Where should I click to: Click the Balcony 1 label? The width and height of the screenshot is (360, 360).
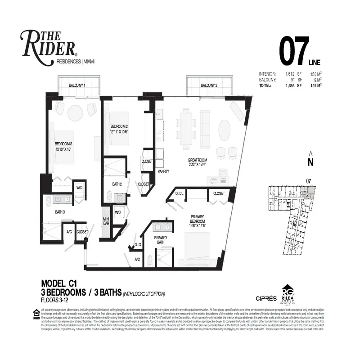(x=77, y=85)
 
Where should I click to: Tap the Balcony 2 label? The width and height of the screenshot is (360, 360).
(x=209, y=85)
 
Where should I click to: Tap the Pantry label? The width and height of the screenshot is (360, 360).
(x=163, y=171)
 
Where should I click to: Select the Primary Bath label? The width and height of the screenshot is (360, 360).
(x=162, y=240)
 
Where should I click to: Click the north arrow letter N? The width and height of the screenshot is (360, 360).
(x=310, y=161)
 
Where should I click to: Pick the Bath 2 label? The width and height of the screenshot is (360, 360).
(x=117, y=184)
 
